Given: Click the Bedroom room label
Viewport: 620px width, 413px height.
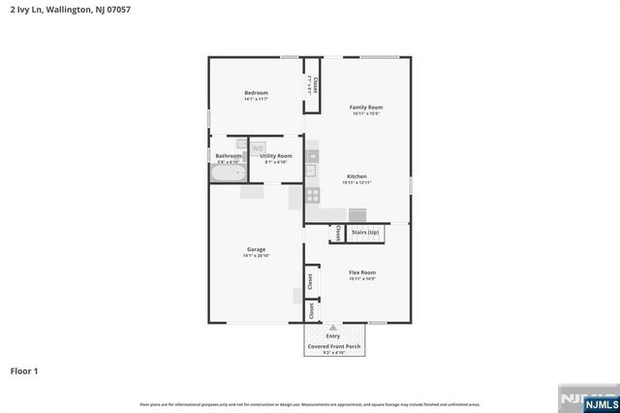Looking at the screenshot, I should click(256, 93).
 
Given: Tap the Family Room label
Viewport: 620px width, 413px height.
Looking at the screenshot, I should click(366, 107).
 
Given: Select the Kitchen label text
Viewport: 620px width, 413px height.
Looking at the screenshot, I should click(356, 175).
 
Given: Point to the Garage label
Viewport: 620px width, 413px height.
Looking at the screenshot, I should click(256, 249).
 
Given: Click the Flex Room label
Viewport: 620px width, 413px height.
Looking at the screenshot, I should click(362, 272).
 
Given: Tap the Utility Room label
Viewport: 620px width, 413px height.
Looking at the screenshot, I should click(276, 155).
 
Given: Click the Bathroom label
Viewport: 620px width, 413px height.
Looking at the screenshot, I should click(229, 155).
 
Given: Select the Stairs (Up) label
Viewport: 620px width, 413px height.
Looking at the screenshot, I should click(365, 233).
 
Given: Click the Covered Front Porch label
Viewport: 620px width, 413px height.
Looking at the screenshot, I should click(332, 346).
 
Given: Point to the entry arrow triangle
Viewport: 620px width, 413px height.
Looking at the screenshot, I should click(332, 328).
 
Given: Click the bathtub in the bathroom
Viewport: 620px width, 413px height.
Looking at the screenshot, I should click(229, 174).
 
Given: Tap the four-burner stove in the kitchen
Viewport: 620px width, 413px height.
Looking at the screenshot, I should click(313, 194).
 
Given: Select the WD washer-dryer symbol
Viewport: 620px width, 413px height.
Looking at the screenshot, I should click(258, 148).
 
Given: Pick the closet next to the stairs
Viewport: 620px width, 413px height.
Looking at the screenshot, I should click(337, 234).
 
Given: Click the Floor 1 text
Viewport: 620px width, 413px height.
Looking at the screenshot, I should click(24, 370).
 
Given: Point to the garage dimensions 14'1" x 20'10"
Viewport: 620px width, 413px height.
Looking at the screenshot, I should click(256, 256).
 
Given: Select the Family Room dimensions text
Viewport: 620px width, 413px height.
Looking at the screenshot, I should click(366, 113).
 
